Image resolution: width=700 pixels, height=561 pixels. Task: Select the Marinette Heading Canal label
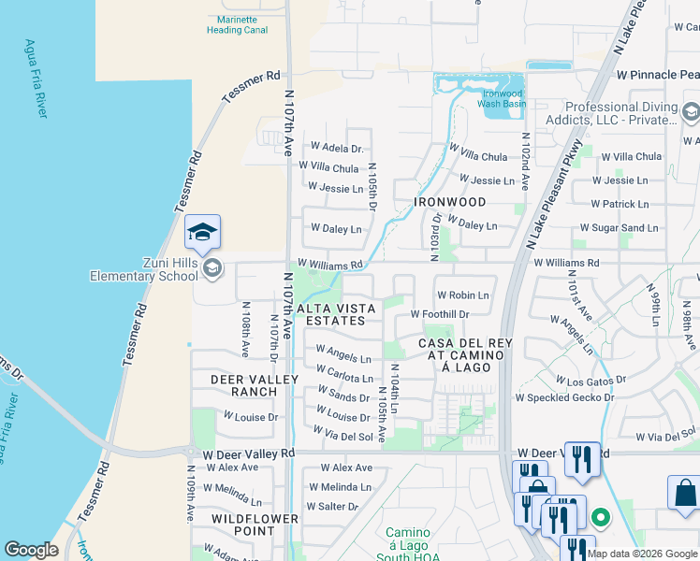click(x=237, y=24)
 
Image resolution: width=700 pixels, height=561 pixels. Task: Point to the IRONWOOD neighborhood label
click(x=452, y=202)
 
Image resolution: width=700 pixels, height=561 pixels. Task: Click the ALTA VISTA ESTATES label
click(x=337, y=314)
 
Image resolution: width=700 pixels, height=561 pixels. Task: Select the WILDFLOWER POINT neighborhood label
click(x=255, y=525)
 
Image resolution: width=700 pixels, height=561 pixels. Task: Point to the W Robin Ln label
click(x=462, y=295)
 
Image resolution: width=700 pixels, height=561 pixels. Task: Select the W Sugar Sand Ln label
click(x=619, y=228)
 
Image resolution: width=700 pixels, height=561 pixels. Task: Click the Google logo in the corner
click(x=31, y=550)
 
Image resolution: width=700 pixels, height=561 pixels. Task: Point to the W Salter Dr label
click(x=339, y=506)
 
